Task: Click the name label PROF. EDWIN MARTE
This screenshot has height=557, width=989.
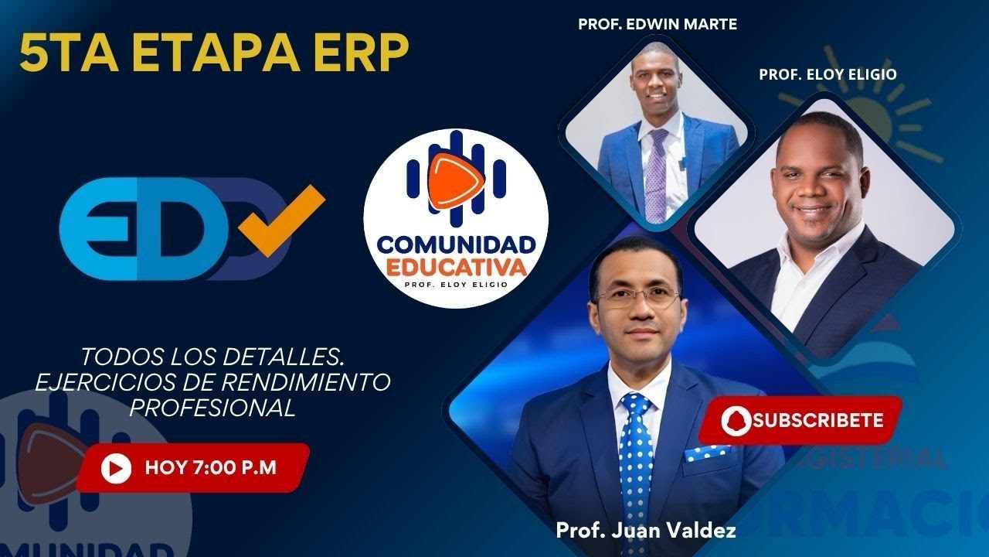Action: point(658,24)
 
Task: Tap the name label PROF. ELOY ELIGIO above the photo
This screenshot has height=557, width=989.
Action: point(828,74)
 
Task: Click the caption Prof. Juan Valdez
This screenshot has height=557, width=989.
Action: point(646,531)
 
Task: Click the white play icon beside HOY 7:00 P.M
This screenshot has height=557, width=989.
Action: point(116,468)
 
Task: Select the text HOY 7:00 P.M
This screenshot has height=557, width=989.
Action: point(210,468)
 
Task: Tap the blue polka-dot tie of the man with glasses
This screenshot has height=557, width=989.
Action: point(637,456)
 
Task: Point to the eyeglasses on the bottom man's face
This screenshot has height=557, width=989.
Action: point(637,298)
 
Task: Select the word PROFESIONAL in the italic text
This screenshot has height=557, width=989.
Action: point(213,408)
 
